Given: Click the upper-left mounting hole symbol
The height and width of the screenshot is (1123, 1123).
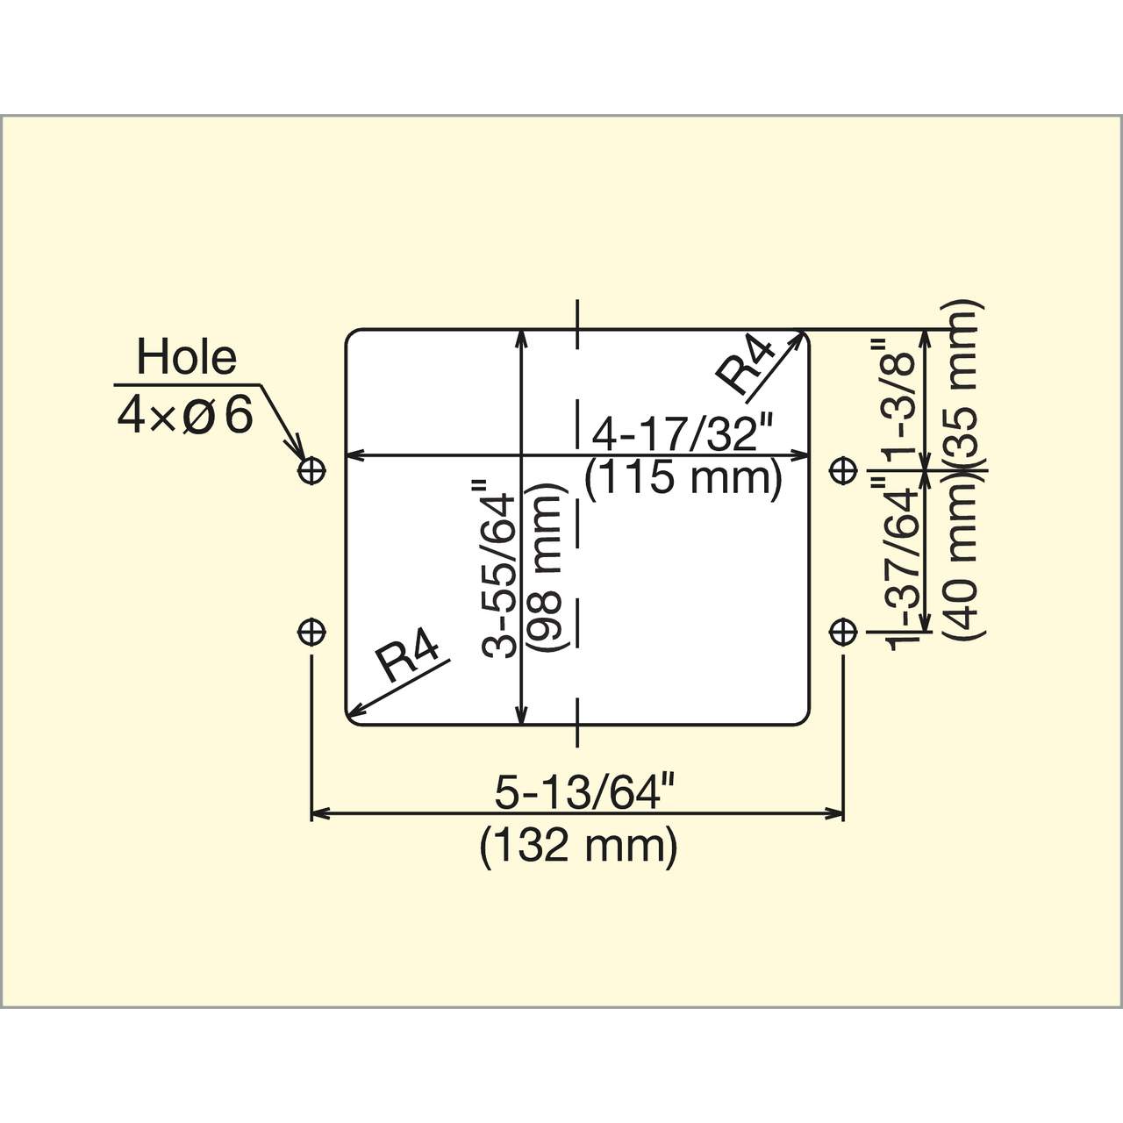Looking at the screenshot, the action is point(311,469).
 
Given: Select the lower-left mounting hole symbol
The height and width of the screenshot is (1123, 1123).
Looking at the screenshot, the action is point(311,632).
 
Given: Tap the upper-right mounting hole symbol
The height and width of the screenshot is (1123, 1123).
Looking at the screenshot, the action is point(842,469).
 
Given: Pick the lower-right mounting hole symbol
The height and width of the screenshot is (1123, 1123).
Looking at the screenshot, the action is point(842,632).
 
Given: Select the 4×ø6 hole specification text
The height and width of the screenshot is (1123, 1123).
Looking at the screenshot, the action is point(185,415).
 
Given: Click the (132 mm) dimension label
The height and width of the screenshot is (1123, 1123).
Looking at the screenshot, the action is point(578,847).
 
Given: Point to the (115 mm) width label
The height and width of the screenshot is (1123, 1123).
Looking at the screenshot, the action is point(683,479).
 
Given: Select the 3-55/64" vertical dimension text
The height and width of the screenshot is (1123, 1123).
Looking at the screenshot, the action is point(499,569).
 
